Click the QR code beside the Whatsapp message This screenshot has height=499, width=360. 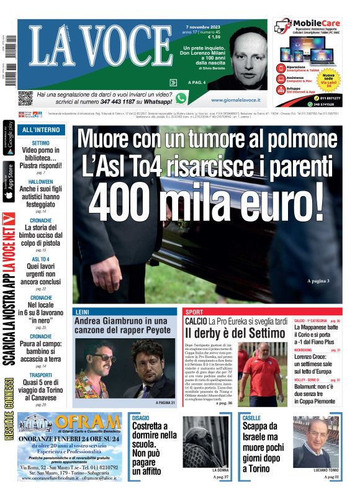click(x=25, y=97)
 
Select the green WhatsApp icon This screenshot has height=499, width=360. click(x=181, y=97)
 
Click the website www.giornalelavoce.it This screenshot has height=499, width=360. click(x=235, y=99)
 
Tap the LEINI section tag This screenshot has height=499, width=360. click(x=82, y=311)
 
